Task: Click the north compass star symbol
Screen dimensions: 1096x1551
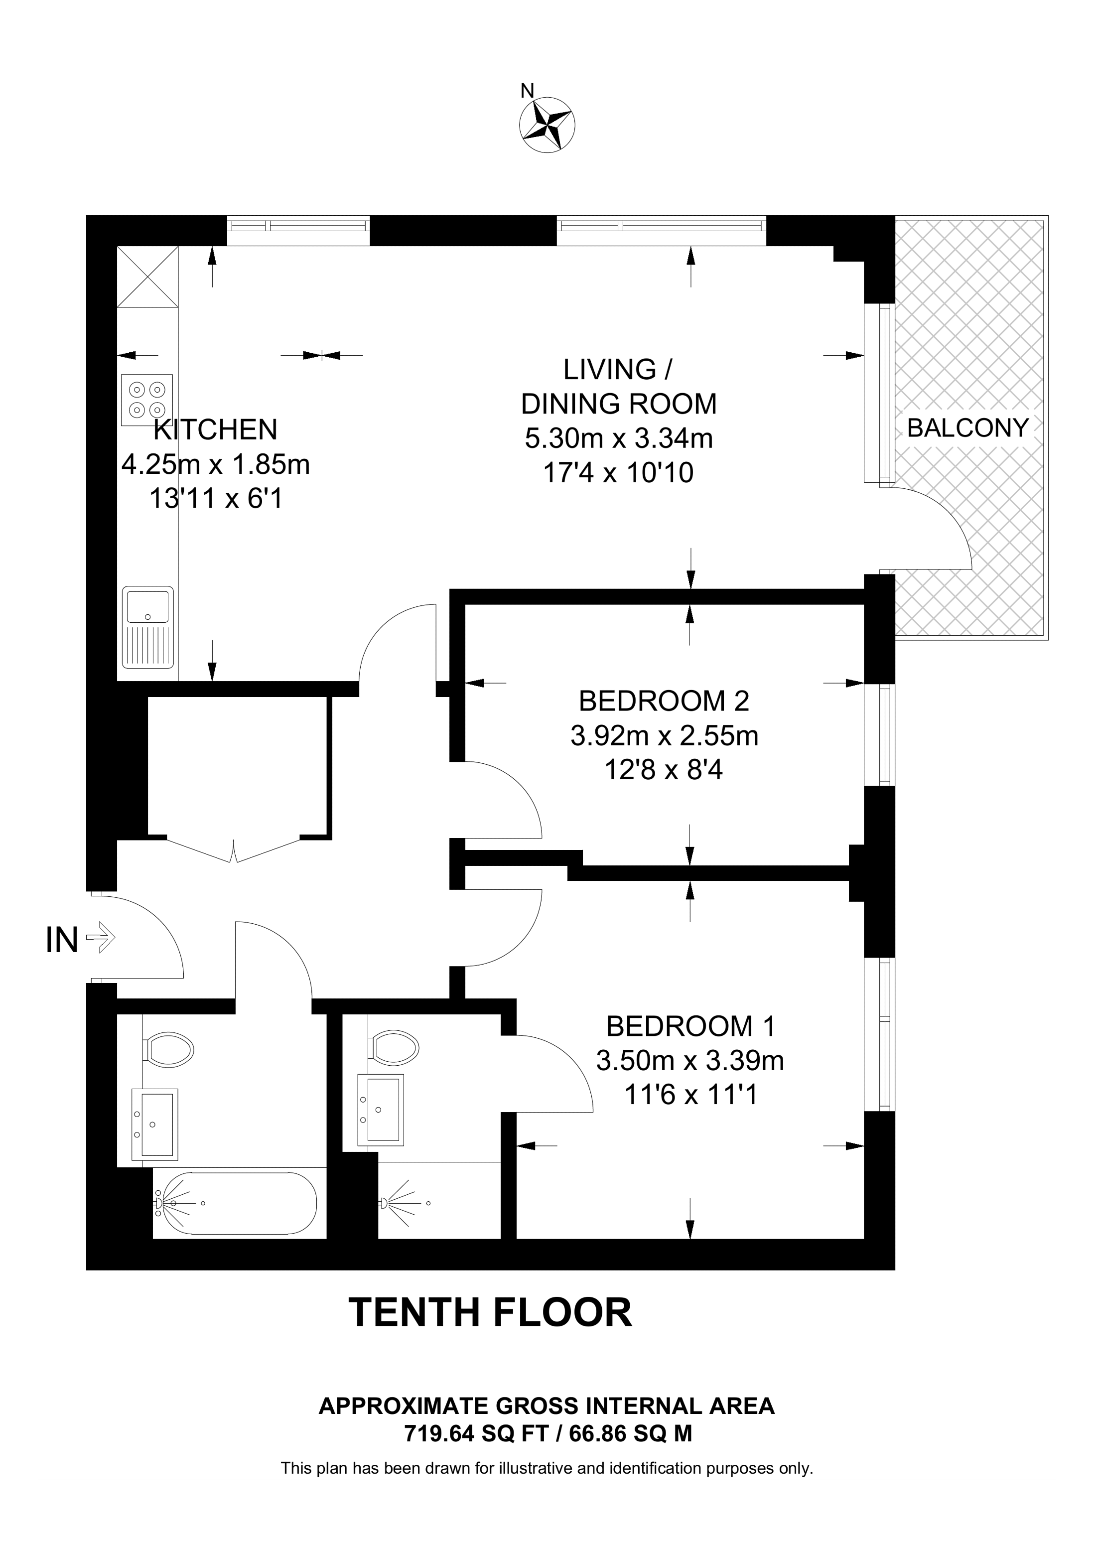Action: pyautogui.click(x=547, y=125)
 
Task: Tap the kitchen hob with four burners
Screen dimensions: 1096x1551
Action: pyautogui.click(x=146, y=400)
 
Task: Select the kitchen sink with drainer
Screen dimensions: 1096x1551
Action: pyautogui.click(x=148, y=626)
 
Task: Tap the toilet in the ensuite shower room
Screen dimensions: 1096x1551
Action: pyautogui.click(x=393, y=1048)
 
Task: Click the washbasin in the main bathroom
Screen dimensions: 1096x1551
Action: pyautogui.click(x=154, y=1124)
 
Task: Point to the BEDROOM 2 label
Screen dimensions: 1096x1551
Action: pyautogui.click(x=664, y=701)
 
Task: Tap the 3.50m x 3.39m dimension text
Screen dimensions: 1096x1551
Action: pyautogui.click(x=689, y=1061)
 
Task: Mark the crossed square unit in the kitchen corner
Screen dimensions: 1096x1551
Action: pyautogui.click(x=147, y=277)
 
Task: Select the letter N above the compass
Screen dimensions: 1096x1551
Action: pyautogui.click(x=527, y=91)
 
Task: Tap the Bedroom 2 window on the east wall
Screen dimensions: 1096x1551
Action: pyautogui.click(x=880, y=735)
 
